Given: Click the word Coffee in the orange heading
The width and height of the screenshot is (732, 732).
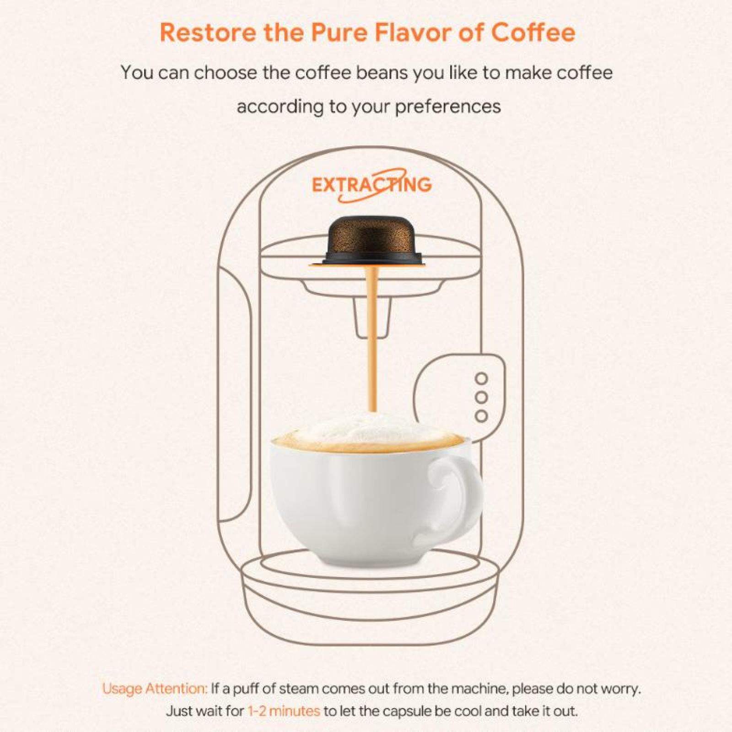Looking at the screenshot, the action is pyautogui.click(x=533, y=32).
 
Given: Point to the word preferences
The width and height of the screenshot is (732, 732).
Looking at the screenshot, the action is pyautogui.click(x=448, y=107).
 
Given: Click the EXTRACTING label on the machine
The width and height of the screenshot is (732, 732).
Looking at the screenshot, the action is pyautogui.click(x=372, y=185).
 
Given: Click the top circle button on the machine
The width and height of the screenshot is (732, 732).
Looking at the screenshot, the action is pyautogui.click(x=481, y=379).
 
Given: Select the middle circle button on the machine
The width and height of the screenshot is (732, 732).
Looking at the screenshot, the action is pyautogui.click(x=481, y=398).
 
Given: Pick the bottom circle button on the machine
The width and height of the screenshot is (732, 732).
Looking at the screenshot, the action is pyautogui.click(x=481, y=416).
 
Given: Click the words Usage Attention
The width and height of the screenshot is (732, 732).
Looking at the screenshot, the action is pyautogui.click(x=155, y=689).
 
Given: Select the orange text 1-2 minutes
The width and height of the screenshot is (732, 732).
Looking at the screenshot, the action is pyautogui.click(x=284, y=711).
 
